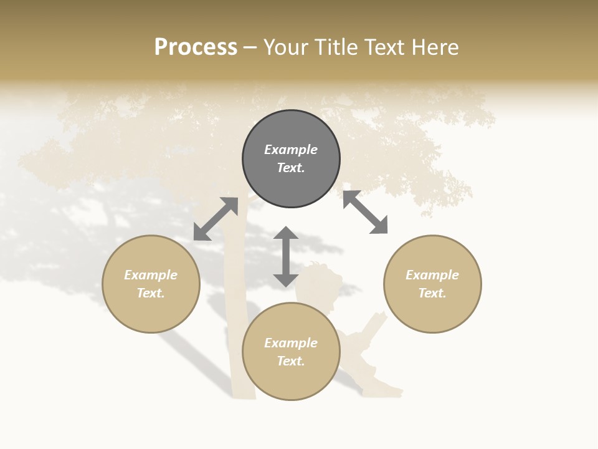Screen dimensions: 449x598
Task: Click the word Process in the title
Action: (x=196, y=47)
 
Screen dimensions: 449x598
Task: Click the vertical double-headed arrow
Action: (x=286, y=256)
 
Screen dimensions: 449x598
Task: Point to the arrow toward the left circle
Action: (x=216, y=219)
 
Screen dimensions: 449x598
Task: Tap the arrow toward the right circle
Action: (x=365, y=213)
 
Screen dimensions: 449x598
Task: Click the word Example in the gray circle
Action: (x=291, y=150)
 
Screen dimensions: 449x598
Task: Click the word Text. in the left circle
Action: (x=151, y=293)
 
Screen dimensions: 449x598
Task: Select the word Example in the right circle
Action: (x=432, y=275)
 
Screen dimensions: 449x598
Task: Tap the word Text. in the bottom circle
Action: (x=291, y=361)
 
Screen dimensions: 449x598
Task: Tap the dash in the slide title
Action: (x=250, y=47)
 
